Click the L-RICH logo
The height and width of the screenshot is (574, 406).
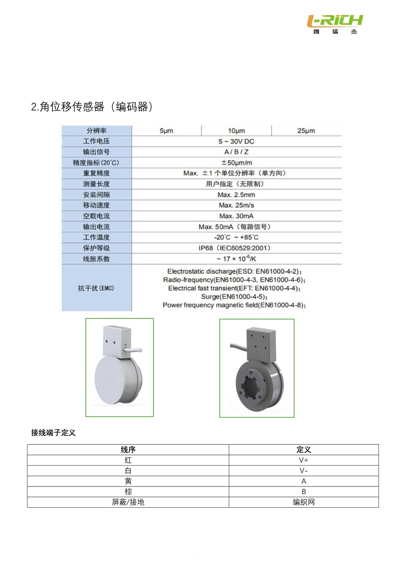[335, 23]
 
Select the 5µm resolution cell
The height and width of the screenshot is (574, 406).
[166, 131]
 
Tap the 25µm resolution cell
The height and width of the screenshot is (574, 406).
[306, 131]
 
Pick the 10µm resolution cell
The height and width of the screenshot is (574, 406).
[236, 131]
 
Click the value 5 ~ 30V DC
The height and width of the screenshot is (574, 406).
[236, 141]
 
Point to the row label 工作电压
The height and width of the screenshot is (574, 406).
[96, 141]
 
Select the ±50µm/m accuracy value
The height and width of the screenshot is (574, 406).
[236, 162]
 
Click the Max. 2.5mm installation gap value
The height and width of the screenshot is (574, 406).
[236, 194]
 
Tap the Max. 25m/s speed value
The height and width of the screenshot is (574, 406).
[236, 205]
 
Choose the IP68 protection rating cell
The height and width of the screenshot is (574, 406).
[236, 248]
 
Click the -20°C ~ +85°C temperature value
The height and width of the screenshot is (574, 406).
[236, 237]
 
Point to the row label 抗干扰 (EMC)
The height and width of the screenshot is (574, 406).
[96, 288]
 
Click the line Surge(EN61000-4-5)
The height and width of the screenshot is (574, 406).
[235, 296]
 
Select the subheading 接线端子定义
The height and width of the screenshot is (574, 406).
[53, 433]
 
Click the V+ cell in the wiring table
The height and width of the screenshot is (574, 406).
[304, 460]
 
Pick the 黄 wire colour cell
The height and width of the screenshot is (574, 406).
[128, 481]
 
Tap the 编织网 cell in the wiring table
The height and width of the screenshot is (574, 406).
[304, 502]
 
